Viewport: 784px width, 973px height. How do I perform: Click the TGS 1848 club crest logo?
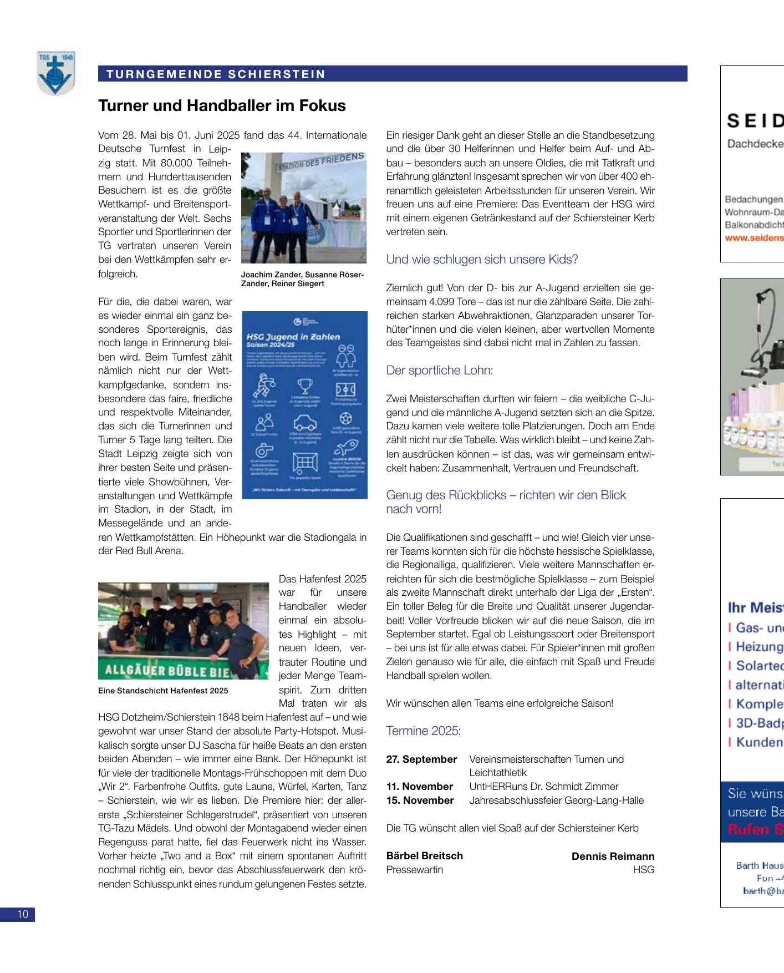click(x=55, y=74)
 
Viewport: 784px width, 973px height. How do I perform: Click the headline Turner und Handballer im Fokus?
click(x=222, y=106)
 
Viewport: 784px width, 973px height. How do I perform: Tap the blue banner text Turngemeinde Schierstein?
click(x=216, y=74)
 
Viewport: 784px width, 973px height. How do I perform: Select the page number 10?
click(x=22, y=914)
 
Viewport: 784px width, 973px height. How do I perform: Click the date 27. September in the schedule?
click(x=421, y=759)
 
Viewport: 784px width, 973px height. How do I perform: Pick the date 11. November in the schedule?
click(x=419, y=787)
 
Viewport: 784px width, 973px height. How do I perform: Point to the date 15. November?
click(x=420, y=800)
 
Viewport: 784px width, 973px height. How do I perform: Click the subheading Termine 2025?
click(x=423, y=731)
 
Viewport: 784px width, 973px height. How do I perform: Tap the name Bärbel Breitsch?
click(x=424, y=855)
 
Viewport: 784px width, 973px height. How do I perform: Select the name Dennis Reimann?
click(x=613, y=856)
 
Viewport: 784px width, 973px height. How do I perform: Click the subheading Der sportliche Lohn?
click(x=439, y=370)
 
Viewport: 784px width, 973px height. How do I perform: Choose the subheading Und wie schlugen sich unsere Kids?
click(x=482, y=259)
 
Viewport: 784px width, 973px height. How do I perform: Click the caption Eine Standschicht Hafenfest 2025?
click(x=163, y=691)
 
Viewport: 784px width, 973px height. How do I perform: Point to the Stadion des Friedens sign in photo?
click(x=322, y=162)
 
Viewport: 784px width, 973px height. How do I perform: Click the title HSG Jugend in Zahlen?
click(x=293, y=337)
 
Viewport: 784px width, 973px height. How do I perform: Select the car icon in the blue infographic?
click(x=304, y=423)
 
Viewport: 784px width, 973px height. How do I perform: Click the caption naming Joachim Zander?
click(x=303, y=279)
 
